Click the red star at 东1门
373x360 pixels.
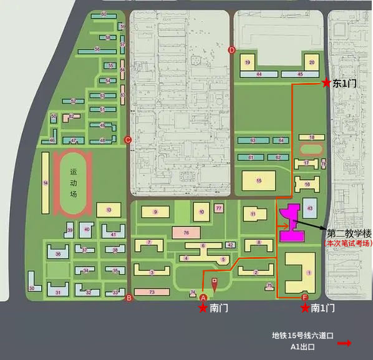pyautogui.click(x=326, y=82)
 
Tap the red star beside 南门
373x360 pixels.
pyautogui.click(x=203, y=308)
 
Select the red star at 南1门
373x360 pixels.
pyautogui.click(x=304, y=308)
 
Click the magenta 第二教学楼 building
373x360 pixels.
pyautogui.click(x=291, y=224)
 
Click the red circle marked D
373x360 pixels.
pyautogui.click(x=232, y=50)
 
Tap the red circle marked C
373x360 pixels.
pyautogui.click(x=128, y=139)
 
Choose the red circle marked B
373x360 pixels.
pyautogui.click(x=129, y=298)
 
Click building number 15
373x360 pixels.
pyautogui.click(x=258, y=180)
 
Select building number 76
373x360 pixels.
pyautogui.click(x=186, y=232)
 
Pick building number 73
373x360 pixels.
pyautogui.click(x=152, y=292)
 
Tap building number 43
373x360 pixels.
pyautogui.click(x=310, y=208)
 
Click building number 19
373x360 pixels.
pyautogui.click(x=248, y=62)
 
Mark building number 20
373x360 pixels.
pyautogui.click(x=311, y=62)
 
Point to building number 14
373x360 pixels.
pyautogui.click(x=45, y=183)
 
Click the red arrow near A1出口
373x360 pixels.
pyautogui.click(x=344, y=343)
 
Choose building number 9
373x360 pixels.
pyautogui.click(x=155, y=212)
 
